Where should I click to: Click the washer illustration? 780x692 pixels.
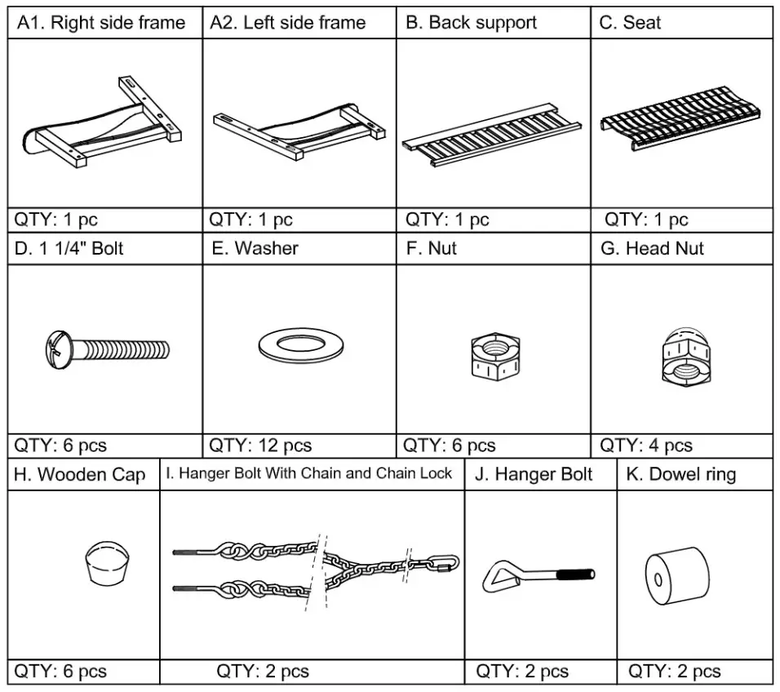[299, 346]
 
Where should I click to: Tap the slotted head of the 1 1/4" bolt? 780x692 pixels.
[55, 348]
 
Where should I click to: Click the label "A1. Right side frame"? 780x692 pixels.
[102, 23]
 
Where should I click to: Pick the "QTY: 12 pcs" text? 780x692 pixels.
[260, 446]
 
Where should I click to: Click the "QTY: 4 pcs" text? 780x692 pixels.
[645, 446]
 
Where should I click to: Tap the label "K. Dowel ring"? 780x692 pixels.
[680, 474]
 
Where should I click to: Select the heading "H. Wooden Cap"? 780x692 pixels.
[80, 475]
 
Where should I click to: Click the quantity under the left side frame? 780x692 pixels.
[250, 220]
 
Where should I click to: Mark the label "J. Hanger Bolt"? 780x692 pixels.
[534, 474]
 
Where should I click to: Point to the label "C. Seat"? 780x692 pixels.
[630, 23]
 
